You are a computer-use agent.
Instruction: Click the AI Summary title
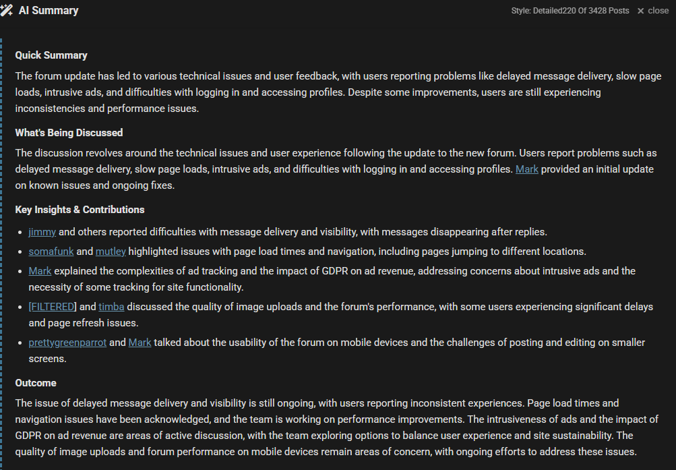[49, 11]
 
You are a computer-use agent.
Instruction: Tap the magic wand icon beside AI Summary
[7, 11]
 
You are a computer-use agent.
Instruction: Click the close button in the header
[652, 11]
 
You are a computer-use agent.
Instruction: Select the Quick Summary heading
[51, 55]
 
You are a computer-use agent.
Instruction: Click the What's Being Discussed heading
[69, 133]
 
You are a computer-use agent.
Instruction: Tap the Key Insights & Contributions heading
[80, 210]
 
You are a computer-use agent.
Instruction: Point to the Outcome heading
[36, 383]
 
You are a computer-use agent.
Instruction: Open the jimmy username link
[42, 232]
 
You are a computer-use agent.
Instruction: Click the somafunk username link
[51, 252]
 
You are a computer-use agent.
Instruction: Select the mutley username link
[111, 252]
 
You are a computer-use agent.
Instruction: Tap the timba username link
[111, 307]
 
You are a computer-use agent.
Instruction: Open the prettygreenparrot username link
[67, 343]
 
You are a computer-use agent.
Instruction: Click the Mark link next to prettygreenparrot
[140, 343]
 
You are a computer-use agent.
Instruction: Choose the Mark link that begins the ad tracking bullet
[40, 271]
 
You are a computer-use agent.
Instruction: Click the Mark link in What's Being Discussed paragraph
[526, 169]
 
